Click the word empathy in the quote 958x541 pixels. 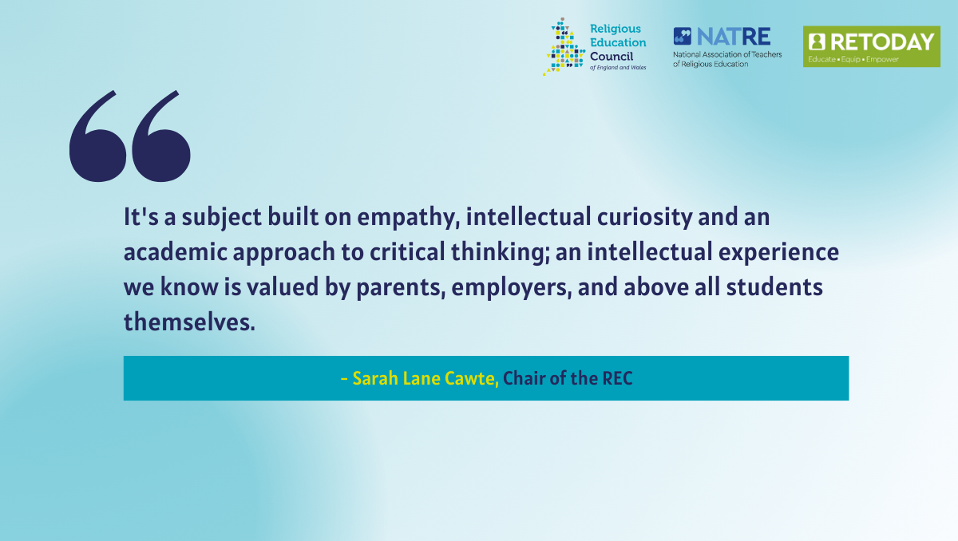click(x=409, y=218)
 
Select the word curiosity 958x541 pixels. click(x=644, y=217)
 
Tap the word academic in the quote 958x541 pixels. click(x=176, y=251)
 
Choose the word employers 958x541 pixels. click(x=512, y=287)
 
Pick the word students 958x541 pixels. click(x=774, y=286)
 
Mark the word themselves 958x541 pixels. click(x=189, y=322)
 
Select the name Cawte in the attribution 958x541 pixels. click(x=472, y=378)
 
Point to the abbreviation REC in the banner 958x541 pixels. click(x=617, y=378)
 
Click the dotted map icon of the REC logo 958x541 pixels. click(x=564, y=46)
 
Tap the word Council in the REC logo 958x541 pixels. click(x=612, y=57)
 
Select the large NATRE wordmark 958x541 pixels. click(x=734, y=37)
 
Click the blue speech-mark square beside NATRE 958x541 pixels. click(x=682, y=37)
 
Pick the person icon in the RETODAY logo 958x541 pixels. click(x=817, y=41)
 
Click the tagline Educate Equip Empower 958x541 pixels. click(x=853, y=59)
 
